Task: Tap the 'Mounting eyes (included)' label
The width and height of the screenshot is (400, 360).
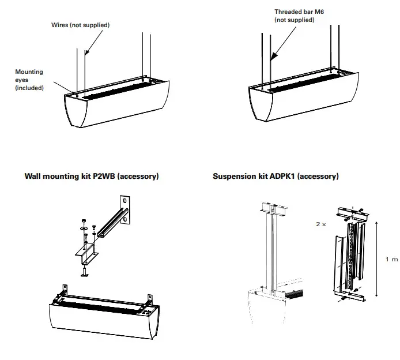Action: tap(29, 80)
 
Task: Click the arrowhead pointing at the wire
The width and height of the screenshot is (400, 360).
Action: tap(85, 52)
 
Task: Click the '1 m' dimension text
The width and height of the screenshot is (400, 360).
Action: tap(391, 260)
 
